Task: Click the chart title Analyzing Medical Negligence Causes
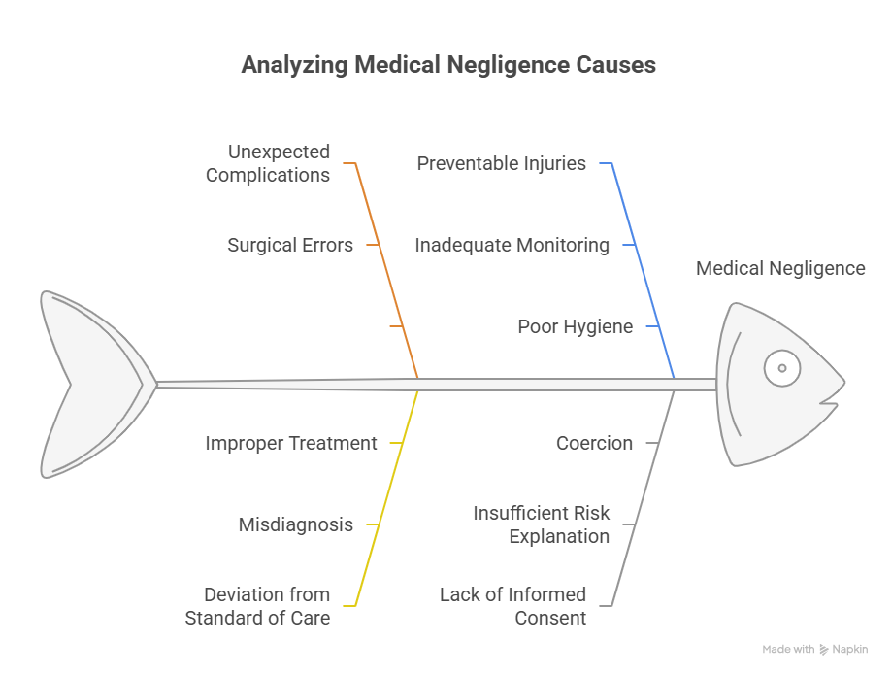448,65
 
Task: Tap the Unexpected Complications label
268,163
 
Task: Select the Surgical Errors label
290,245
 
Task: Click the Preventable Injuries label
501,163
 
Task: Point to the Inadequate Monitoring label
512,245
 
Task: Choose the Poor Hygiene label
576,326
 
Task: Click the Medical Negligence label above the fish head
780,268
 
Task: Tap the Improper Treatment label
290,443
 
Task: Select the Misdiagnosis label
296,524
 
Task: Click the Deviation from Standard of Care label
258,606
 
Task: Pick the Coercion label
594,443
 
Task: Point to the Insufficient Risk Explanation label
542,524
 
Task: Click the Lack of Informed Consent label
513,606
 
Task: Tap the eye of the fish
782,368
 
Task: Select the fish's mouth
830,403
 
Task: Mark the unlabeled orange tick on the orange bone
397,326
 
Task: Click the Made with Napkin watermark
815,649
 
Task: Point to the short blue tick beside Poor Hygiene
653,326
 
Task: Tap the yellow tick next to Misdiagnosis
373,524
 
